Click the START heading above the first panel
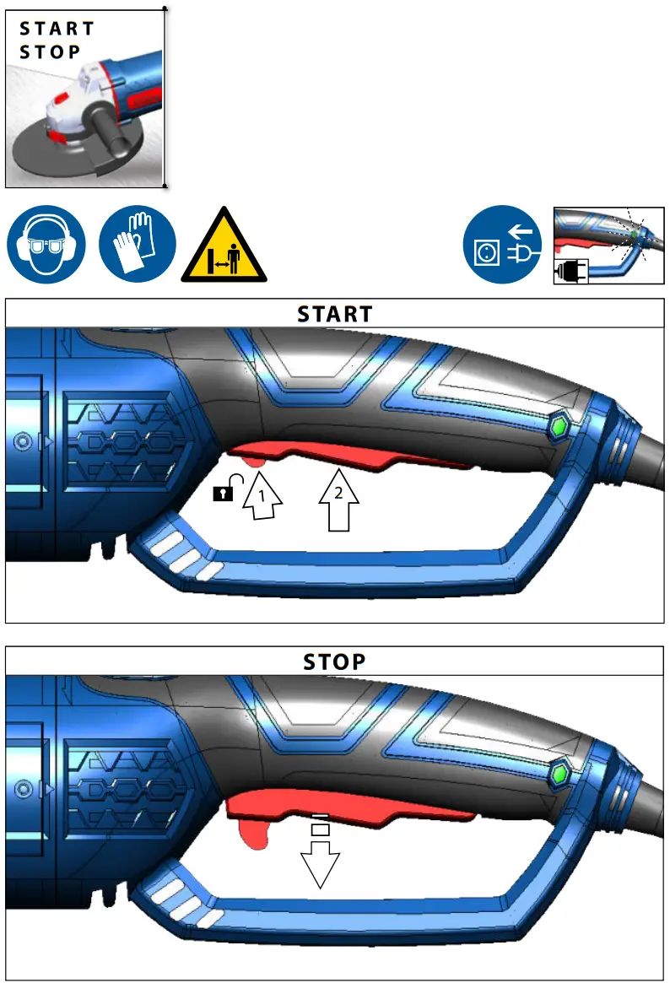[x=334, y=314]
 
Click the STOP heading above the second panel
[x=334, y=662]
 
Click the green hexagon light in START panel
[x=557, y=426]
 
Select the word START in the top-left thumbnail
[x=57, y=29]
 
